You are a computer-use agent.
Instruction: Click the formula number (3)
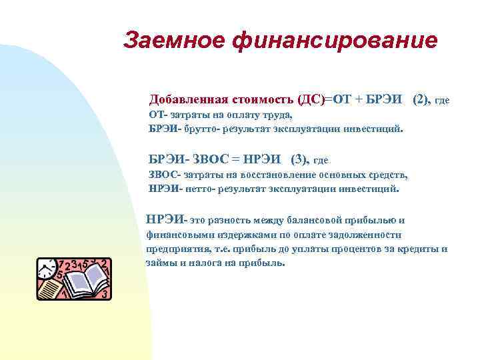click(300, 159)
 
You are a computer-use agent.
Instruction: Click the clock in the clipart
click(48, 269)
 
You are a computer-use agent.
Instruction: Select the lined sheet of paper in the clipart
click(49, 291)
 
